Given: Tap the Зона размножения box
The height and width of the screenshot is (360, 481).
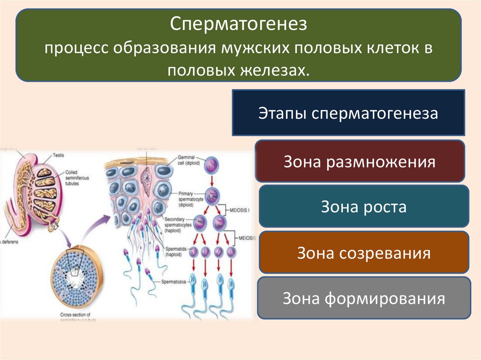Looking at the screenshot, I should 359,162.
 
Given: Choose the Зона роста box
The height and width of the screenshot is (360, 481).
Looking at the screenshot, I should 364,207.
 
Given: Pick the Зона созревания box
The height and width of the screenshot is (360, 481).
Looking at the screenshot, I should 364,253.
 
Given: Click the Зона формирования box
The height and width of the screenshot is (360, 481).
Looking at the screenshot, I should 364,299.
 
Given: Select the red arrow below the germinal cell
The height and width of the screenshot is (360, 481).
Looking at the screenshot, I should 212,181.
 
